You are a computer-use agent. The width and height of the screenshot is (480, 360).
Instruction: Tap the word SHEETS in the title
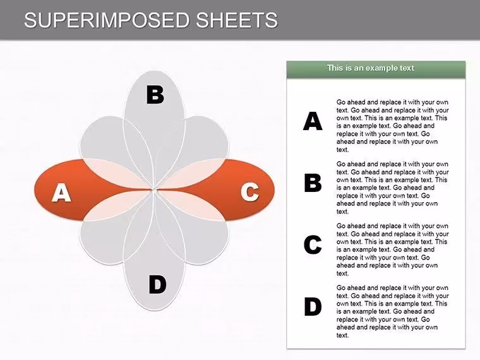pyautogui.click(x=237, y=20)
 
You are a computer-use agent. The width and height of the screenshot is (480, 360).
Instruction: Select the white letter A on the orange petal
pyautogui.click(x=61, y=193)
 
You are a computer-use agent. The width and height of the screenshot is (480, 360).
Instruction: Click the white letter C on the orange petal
pyautogui.click(x=250, y=192)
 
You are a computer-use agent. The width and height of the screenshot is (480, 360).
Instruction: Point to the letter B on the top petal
pyautogui.click(x=155, y=95)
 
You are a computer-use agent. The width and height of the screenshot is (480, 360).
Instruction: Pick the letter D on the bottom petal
pyautogui.click(x=157, y=284)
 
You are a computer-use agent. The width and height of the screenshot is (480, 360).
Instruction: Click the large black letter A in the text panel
pyautogui.click(x=313, y=121)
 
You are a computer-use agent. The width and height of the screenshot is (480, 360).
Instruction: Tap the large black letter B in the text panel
pyautogui.click(x=313, y=183)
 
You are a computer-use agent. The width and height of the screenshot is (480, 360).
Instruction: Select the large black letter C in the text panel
pyautogui.click(x=313, y=244)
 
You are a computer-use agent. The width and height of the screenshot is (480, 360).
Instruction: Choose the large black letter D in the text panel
pyautogui.click(x=313, y=306)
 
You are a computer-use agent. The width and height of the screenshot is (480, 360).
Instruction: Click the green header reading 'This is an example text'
pyautogui.click(x=376, y=69)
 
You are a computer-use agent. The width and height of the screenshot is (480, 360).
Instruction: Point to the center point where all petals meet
pyautogui.click(x=154, y=190)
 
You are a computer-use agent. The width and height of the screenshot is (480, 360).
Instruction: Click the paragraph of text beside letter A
pyautogui.click(x=392, y=126)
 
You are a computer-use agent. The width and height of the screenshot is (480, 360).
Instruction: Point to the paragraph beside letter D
pyautogui.click(x=392, y=311)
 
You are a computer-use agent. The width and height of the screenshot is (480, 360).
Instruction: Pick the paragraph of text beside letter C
pyautogui.click(x=392, y=249)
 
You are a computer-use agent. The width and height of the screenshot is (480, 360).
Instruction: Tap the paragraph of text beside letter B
pyautogui.click(x=392, y=188)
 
